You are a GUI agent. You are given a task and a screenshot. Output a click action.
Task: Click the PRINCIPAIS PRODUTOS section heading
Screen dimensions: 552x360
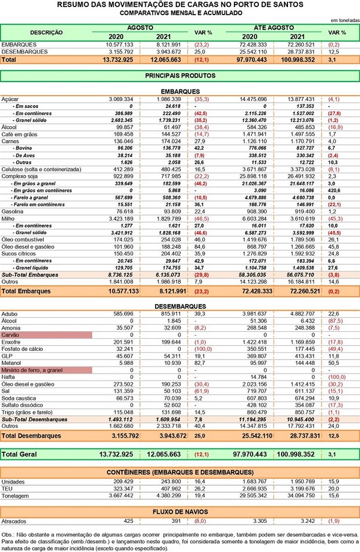(179, 76)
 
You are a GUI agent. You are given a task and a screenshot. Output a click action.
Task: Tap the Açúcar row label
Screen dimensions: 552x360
(10, 99)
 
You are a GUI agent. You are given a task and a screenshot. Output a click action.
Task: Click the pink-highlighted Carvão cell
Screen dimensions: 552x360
(46, 335)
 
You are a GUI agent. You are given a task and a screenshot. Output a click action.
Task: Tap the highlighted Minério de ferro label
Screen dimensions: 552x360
(46, 370)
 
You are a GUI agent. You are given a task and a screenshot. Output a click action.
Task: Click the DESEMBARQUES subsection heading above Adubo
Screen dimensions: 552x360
(179, 306)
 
